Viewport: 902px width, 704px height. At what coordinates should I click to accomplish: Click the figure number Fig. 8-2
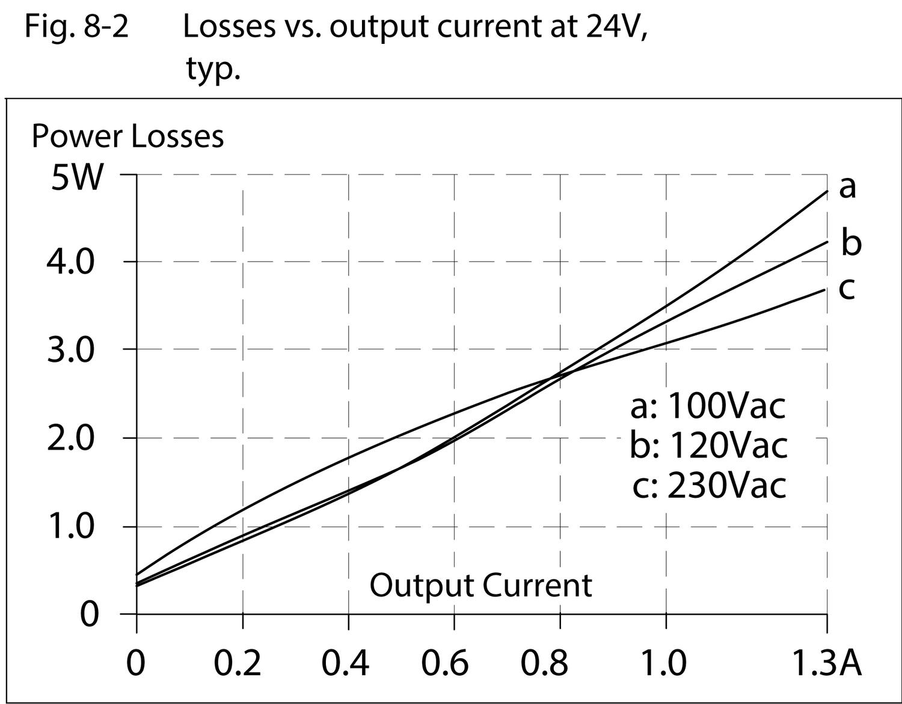coord(76,27)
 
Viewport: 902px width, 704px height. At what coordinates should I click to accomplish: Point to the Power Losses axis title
coord(127,136)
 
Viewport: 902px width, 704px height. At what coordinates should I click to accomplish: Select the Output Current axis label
coord(480,585)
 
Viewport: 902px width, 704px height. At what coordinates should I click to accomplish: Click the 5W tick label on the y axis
coord(77,178)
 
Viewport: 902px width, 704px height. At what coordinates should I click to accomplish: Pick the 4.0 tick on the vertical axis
coord(71,263)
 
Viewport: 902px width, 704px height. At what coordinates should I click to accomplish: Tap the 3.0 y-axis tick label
coord(71,350)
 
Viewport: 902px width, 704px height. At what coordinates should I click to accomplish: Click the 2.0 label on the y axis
coord(71,439)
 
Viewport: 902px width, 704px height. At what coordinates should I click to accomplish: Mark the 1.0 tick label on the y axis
coord(71,527)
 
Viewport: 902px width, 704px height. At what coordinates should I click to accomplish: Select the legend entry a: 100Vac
coord(708,406)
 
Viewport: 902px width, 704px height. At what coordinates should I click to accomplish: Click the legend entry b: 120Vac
coord(708,445)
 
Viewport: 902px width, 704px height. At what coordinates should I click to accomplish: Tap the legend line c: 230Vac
coord(710,485)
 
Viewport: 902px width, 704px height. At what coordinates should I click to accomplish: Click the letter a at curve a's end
coord(847,186)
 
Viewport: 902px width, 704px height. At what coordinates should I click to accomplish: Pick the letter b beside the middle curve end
coord(850,242)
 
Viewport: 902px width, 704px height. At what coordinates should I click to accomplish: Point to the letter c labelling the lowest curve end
coord(847,289)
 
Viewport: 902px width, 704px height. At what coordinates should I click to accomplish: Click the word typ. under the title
coord(213,69)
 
